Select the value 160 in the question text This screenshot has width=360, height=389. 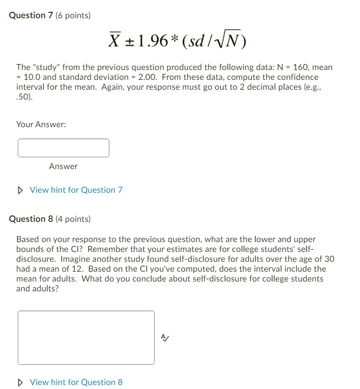coord(300,67)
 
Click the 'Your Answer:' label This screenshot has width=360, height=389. coord(41,125)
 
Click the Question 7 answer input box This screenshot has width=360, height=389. coord(64,148)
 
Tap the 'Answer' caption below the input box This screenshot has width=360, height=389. coord(63,166)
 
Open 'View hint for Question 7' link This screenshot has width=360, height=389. coord(76,190)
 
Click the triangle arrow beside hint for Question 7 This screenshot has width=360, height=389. coord(20,190)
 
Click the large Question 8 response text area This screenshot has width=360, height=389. coord(86,337)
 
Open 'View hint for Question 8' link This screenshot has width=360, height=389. coord(76,382)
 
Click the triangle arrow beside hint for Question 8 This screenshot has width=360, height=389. coord(20,382)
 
